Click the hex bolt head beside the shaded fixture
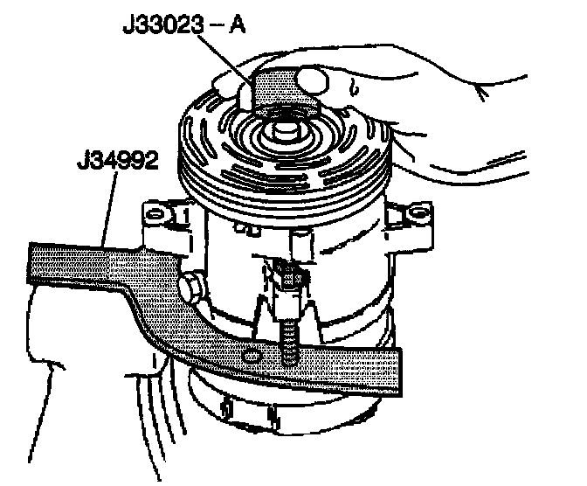pyautogui.click(x=192, y=286)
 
